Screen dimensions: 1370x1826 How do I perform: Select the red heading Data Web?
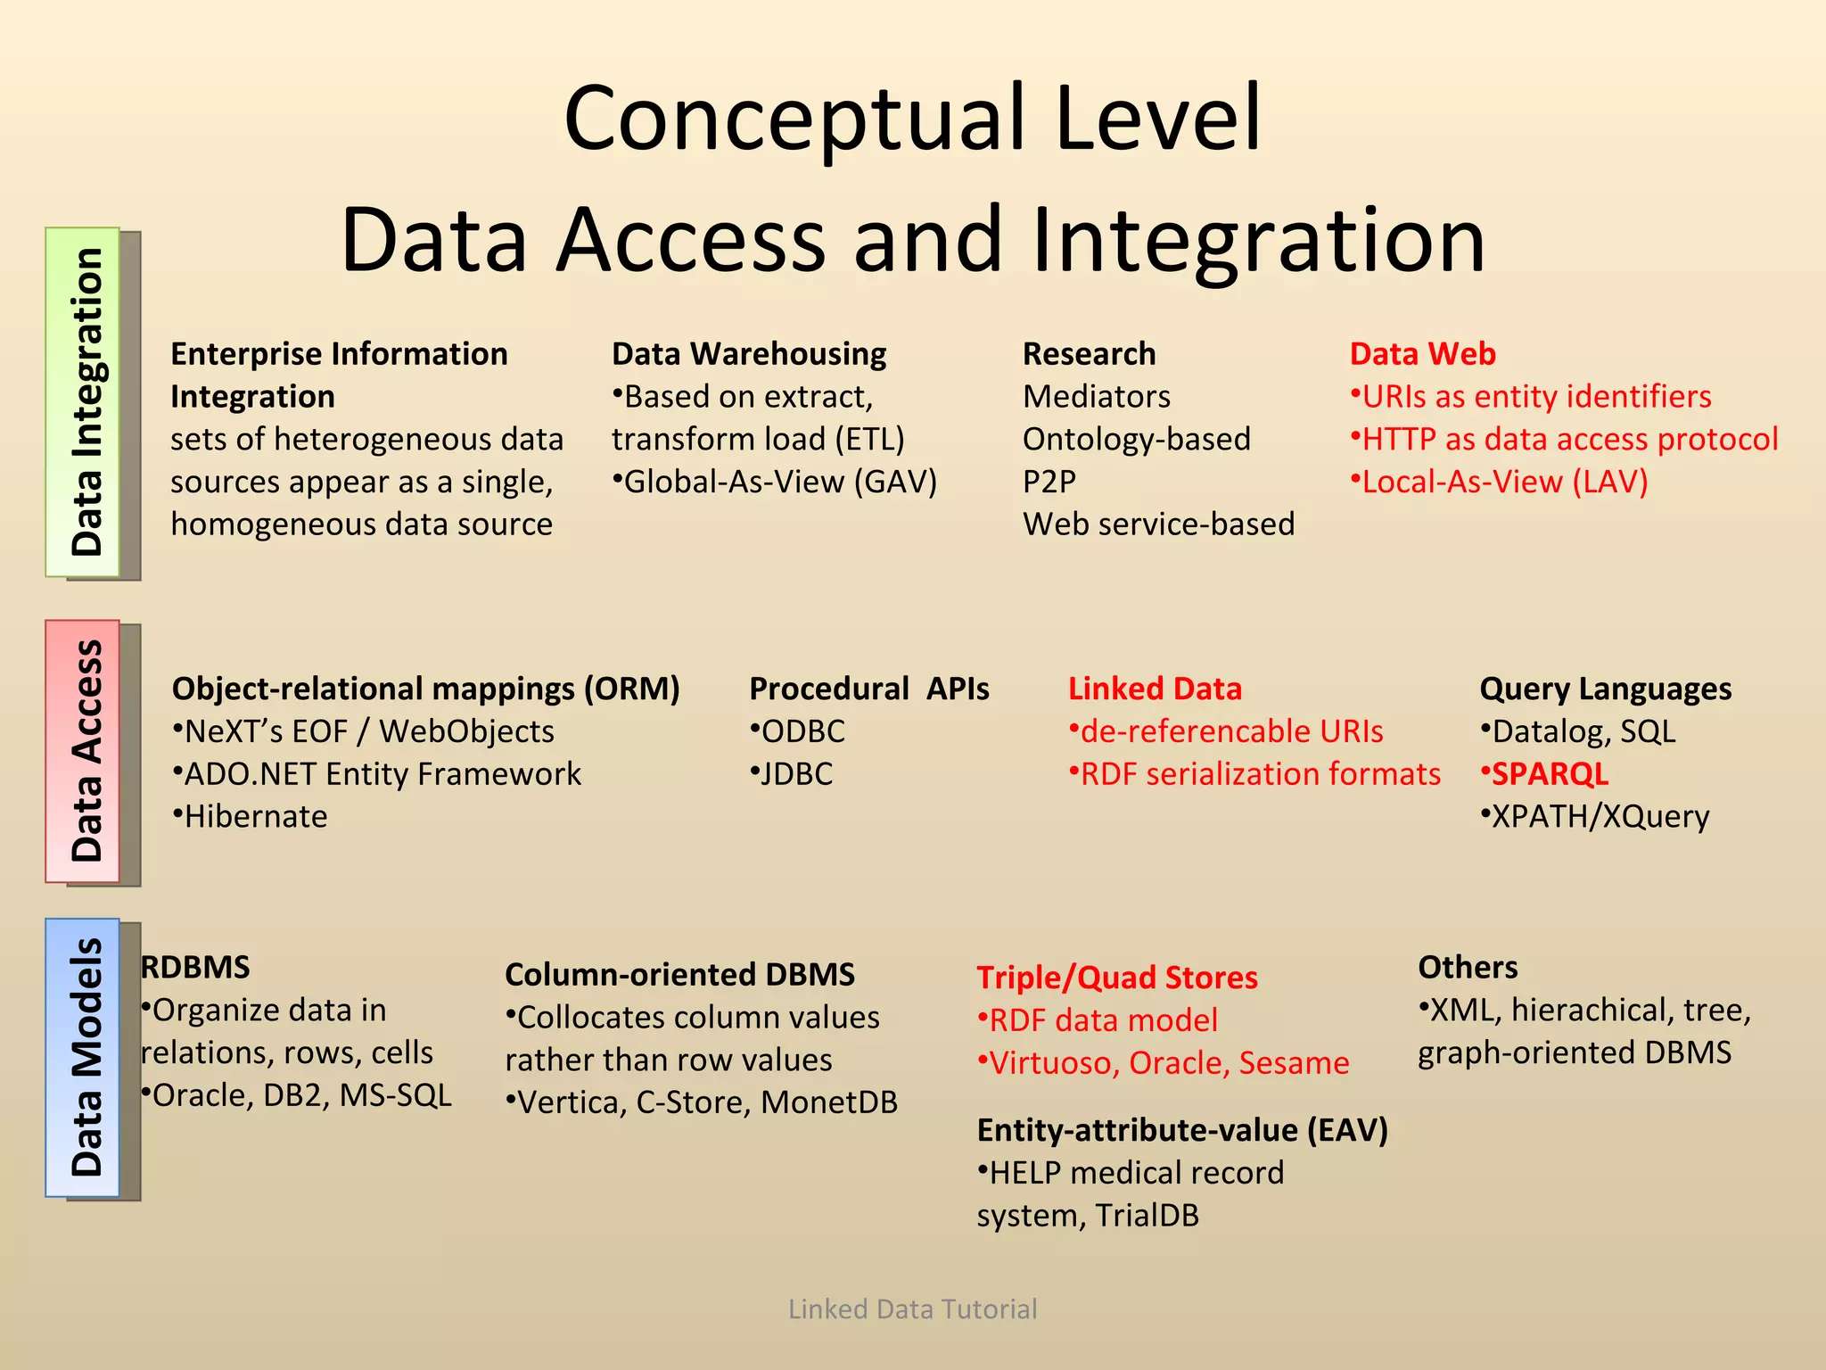pyautogui.click(x=1422, y=354)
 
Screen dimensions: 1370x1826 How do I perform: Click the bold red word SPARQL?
pyautogui.click(x=1550, y=774)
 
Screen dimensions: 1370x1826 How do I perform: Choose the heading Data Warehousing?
pyautogui.click(x=749, y=354)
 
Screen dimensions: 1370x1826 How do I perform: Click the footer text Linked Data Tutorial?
pyautogui.click(x=912, y=1308)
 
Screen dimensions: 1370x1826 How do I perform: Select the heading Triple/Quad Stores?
pyautogui.click(x=1116, y=978)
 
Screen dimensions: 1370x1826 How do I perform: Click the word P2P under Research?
pyautogui.click(x=1049, y=482)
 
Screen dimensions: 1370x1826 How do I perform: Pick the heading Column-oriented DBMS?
pyautogui.click(x=679, y=974)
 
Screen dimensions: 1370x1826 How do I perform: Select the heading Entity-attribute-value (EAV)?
pyautogui.click(x=1182, y=1130)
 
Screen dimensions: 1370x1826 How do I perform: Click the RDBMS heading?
pyautogui.click(x=196, y=968)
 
